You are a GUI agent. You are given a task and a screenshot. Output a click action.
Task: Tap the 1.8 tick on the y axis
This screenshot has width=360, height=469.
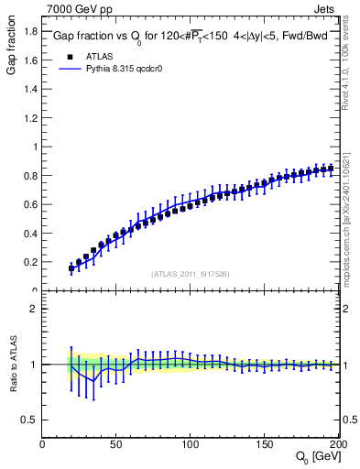tap(29, 31)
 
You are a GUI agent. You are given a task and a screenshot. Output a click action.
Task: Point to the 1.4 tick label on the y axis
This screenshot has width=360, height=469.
tap(29, 89)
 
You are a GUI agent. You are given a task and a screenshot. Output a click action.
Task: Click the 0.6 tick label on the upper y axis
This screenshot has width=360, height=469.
tap(29, 204)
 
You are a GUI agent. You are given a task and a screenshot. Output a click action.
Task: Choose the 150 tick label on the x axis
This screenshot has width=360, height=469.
tap(265, 444)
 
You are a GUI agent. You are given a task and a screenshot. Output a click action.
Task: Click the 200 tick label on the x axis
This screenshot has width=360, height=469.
tap(337, 444)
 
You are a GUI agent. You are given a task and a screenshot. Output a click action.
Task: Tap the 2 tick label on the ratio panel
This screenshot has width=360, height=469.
tap(34, 310)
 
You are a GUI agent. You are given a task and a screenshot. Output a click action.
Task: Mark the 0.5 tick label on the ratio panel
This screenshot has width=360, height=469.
tap(29, 420)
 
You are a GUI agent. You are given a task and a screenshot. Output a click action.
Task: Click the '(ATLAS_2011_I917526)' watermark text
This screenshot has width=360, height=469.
tap(191, 273)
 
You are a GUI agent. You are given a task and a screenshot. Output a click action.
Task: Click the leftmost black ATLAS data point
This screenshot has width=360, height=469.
tap(71, 268)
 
